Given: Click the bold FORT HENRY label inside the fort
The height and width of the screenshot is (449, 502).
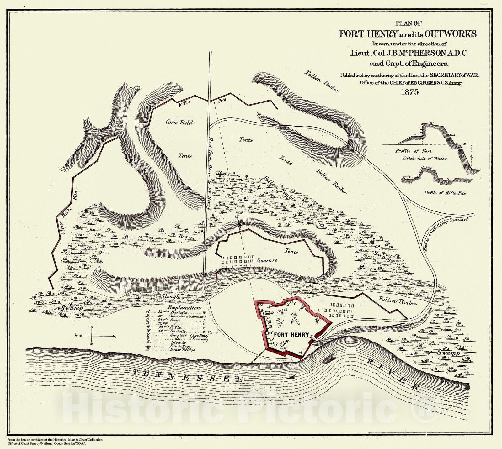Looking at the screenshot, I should click(291, 335).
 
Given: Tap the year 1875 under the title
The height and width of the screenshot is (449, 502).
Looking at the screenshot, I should click(407, 92).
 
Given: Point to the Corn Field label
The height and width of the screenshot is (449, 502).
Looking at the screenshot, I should click(179, 123).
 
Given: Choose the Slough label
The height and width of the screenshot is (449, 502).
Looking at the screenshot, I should click(171, 296).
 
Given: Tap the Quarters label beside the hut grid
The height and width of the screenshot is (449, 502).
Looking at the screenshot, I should click(267, 260).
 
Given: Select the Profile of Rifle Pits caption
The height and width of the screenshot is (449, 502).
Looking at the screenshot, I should click(445, 193).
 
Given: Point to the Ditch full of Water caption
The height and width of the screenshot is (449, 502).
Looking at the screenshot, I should click(425, 159).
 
